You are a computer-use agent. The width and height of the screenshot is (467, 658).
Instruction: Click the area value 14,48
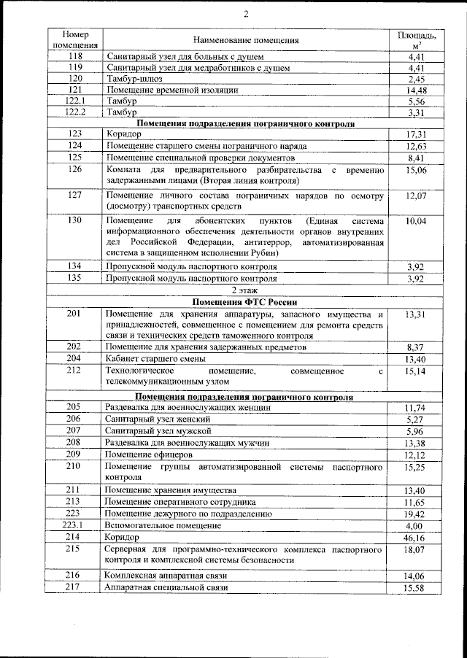[416, 90]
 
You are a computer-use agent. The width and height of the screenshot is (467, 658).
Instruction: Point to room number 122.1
[75, 101]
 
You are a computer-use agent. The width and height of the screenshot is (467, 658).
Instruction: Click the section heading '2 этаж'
[246, 290]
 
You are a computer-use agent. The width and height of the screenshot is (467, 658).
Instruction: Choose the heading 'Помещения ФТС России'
[246, 302]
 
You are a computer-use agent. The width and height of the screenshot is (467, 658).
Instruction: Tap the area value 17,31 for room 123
[416, 135]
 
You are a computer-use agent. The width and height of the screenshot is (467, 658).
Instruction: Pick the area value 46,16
[416, 536]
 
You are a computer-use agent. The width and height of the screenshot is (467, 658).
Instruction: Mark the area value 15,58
[416, 587]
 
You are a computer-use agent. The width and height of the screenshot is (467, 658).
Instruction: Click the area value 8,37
[416, 348]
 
